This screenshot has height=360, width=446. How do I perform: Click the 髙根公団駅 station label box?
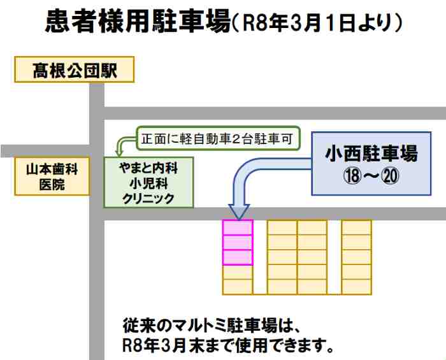tap(75, 69)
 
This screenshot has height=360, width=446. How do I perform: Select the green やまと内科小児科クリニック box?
tap(148, 183)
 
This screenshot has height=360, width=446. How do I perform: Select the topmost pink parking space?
tap(238, 227)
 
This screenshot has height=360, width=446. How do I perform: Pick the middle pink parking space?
tap(238, 243)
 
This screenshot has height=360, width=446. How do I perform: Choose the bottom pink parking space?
tap(238, 257)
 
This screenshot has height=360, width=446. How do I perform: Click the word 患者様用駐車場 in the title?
tap(137, 22)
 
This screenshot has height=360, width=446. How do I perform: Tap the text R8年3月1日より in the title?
tap(316, 24)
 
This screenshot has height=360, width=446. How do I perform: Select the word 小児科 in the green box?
tap(148, 184)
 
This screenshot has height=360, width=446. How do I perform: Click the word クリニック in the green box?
tap(148, 198)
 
